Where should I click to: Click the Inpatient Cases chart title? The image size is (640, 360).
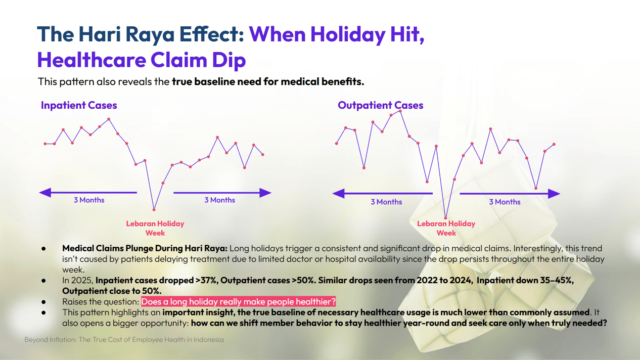pyautogui.click(x=79, y=105)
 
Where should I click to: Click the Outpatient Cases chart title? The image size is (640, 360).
pyautogui.click(x=380, y=105)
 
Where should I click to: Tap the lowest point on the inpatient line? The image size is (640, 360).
pyautogui.click(x=154, y=209)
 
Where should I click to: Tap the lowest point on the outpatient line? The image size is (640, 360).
pyautogui.click(x=445, y=218)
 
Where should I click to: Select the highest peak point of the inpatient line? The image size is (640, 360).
pyautogui.click(x=109, y=119)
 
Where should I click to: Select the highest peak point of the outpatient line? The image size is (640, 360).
pyautogui.click(x=400, y=111)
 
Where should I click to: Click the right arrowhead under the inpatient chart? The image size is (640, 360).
pyautogui.click(x=265, y=192)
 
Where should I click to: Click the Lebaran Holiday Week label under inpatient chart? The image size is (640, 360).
pyautogui.click(x=155, y=228)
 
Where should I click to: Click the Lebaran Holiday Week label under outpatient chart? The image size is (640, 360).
pyautogui.click(x=446, y=228)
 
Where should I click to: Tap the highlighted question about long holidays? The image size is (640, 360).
pyautogui.click(x=238, y=302)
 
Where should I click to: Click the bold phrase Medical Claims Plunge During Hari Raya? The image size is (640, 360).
pyautogui.click(x=145, y=248)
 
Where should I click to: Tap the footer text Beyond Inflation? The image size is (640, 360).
pyautogui.click(x=51, y=340)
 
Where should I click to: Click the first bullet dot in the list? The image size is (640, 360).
pyautogui.click(x=44, y=248)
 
